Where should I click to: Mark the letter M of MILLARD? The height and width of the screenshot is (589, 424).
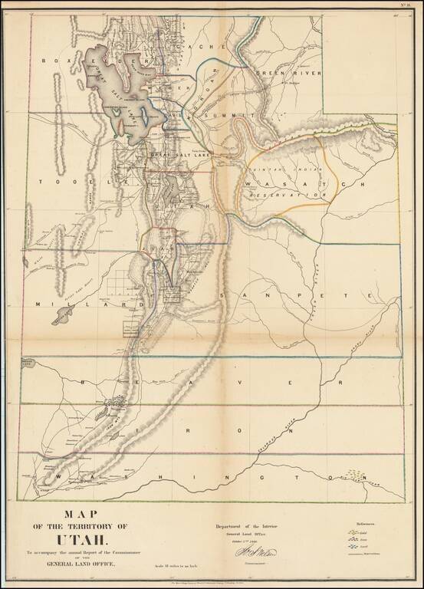(x=38, y=304)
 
